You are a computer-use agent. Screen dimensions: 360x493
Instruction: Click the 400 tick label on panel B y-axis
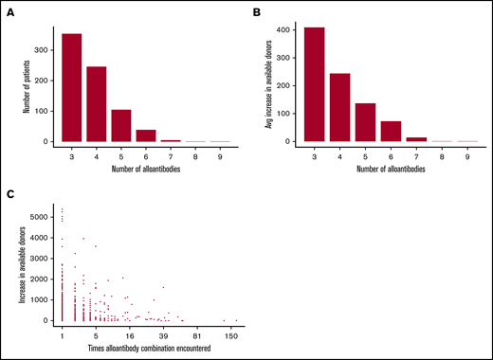[287, 29]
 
